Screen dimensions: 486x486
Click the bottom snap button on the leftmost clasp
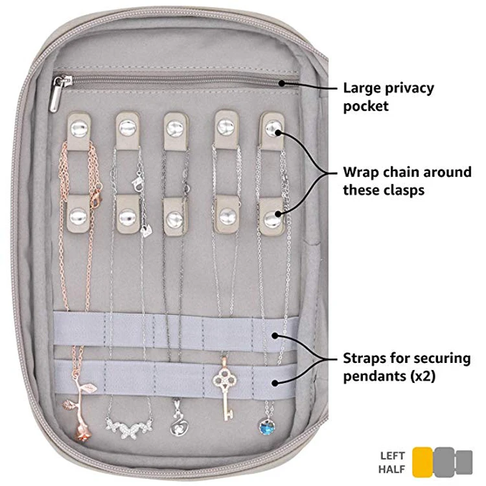pyautogui.click(x=79, y=214)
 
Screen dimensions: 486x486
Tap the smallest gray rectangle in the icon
pyautogui.click(x=464, y=461)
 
